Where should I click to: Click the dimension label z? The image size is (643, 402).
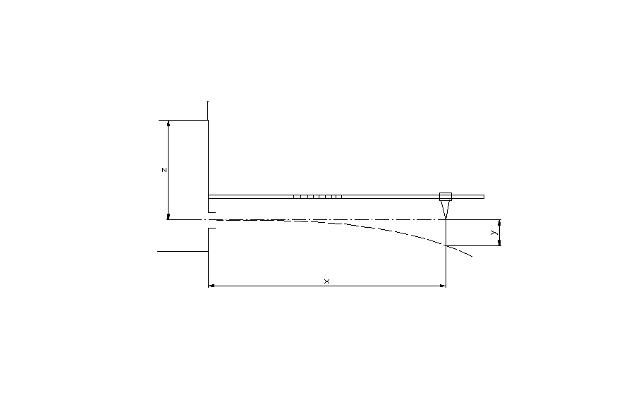click(164, 170)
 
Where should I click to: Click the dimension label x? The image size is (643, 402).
click(326, 281)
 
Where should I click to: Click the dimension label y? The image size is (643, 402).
click(494, 233)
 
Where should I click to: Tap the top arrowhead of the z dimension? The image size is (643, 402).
click(168, 123)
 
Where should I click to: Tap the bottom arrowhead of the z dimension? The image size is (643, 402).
click(168, 217)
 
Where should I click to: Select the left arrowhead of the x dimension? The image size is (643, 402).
click(212, 286)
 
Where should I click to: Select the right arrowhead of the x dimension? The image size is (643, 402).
click(443, 286)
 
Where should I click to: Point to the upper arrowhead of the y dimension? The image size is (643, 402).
click(499, 222)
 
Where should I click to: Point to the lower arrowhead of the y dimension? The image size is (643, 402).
click(499, 243)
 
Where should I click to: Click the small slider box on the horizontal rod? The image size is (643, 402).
click(446, 197)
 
